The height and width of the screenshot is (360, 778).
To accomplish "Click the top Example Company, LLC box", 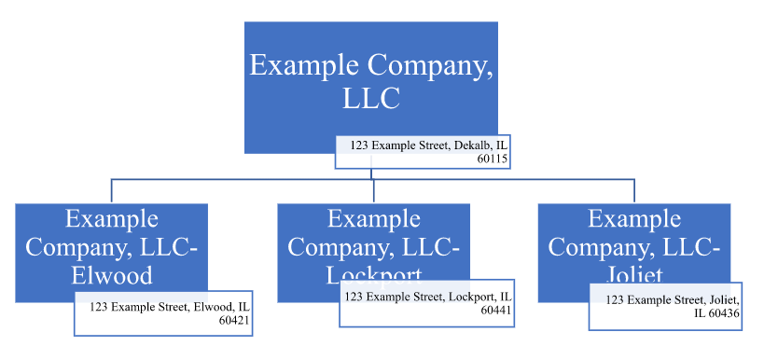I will (370, 79).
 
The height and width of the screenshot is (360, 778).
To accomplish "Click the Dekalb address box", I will (423, 152).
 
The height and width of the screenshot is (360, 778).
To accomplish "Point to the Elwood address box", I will (163, 312).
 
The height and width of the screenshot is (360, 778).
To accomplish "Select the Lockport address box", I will (426, 303).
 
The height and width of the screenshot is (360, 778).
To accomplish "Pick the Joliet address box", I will (665, 306).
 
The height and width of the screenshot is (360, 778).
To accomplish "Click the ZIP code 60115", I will (493, 159).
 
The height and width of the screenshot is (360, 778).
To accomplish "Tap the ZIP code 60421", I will (235, 320).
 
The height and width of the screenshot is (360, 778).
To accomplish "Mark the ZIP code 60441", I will (496, 311).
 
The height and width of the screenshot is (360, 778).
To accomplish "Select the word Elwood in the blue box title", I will (112, 275).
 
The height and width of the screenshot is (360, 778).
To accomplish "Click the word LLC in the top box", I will (370, 98).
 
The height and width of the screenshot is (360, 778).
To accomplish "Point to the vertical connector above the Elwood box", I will (112, 189).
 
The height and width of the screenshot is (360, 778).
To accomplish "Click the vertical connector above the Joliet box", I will (634, 189).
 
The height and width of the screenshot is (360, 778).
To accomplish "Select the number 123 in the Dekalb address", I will (360, 145).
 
